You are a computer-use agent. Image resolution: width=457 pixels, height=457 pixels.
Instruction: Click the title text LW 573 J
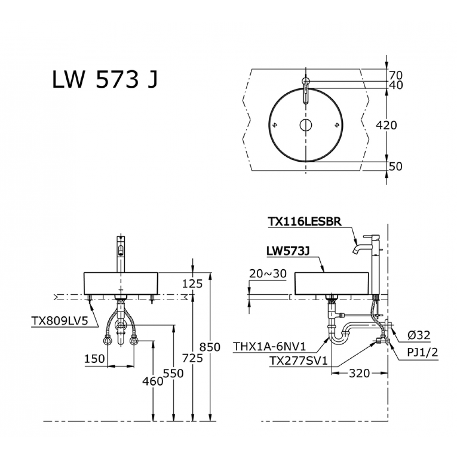105,80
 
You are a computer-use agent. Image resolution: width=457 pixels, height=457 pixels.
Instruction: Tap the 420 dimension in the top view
387,125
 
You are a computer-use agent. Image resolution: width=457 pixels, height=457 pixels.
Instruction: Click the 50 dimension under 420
396,166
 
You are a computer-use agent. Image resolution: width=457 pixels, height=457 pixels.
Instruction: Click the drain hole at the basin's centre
306,125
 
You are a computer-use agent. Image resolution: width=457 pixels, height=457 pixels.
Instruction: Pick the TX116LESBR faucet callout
304,222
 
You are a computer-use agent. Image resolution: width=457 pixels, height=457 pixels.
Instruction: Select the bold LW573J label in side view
288,251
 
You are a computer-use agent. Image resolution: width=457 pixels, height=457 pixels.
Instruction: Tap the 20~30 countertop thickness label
268,273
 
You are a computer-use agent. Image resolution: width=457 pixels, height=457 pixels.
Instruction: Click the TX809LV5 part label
59,321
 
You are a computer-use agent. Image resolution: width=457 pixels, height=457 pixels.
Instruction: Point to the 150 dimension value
95,359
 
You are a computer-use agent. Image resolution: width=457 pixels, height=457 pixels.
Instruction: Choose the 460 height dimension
153,381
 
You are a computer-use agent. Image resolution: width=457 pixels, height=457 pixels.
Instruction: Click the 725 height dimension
192,358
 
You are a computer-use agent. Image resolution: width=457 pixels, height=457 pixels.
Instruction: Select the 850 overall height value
210,347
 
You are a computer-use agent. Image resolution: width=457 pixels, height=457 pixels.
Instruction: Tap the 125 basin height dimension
192,284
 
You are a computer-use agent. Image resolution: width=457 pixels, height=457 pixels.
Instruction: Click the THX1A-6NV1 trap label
269,346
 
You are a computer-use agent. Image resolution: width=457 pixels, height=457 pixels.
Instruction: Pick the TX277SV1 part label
298,361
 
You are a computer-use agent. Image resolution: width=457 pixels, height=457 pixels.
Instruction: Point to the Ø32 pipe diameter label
419,335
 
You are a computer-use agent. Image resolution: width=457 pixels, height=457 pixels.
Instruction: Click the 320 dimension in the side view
359,373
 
